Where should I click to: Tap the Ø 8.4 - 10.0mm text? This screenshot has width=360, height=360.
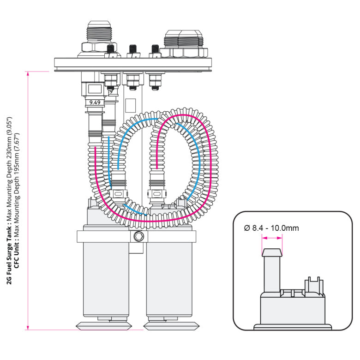click(x=271, y=228)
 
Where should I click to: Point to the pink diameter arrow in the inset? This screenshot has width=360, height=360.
click(x=272, y=238)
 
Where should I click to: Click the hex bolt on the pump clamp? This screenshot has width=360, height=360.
click(x=137, y=237)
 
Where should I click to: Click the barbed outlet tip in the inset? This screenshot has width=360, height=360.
click(x=272, y=252)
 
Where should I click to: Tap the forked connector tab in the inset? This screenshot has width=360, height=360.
click(x=313, y=282)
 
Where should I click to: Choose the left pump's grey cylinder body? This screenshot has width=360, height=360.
click(x=105, y=277)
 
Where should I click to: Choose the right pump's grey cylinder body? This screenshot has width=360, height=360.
click(x=169, y=277)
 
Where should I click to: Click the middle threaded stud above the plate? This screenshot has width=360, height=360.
click(x=133, y=50)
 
